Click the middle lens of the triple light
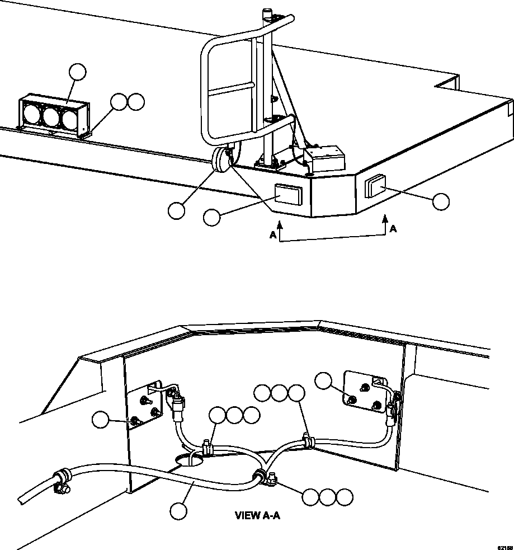[52, 117]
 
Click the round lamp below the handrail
[220, 162]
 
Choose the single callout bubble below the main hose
[178, 511]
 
